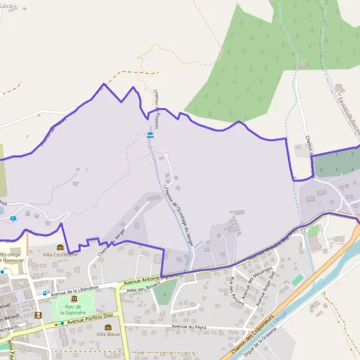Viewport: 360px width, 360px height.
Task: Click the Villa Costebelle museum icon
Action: pos(59,247)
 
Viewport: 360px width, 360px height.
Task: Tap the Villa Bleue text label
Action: pos(108,334)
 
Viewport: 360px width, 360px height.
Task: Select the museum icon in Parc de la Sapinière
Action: pos(74,298)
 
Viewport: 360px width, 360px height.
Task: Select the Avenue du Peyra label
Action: pos(188,327)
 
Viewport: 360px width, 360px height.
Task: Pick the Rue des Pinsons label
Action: pos(237,292)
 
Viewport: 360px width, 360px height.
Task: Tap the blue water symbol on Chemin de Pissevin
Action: pos(150,135)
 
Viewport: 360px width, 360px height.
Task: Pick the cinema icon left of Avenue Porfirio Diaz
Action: pos(38,315)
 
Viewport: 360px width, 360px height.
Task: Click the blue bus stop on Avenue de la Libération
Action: pos(44,293)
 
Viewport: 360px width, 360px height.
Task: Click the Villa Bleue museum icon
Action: pos(108,327)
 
